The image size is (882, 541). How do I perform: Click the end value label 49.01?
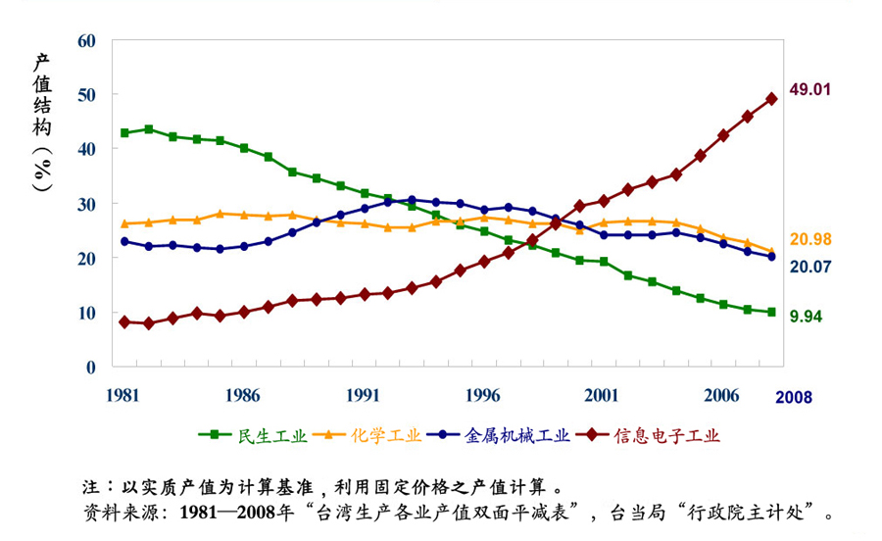tap(809, 89)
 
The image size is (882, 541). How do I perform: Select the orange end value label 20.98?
tap(809, 240)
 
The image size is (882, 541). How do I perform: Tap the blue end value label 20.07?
tap(809, 266)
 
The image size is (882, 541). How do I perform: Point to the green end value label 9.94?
tap(806, 316)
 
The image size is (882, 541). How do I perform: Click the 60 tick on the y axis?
tap(86, 40)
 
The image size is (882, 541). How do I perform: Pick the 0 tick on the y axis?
tap(91, 367)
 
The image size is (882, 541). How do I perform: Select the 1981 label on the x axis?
tap(123, 395)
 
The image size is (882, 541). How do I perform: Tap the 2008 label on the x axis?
tap(793, 397)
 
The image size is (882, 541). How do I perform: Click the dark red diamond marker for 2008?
tap(771, 99)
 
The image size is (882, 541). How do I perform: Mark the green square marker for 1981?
tap(124, 132)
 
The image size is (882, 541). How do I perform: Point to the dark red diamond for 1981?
tap(124, 321)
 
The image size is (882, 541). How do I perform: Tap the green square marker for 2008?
tap(771, 312)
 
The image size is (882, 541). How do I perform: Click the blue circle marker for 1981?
tap(124, 241)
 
